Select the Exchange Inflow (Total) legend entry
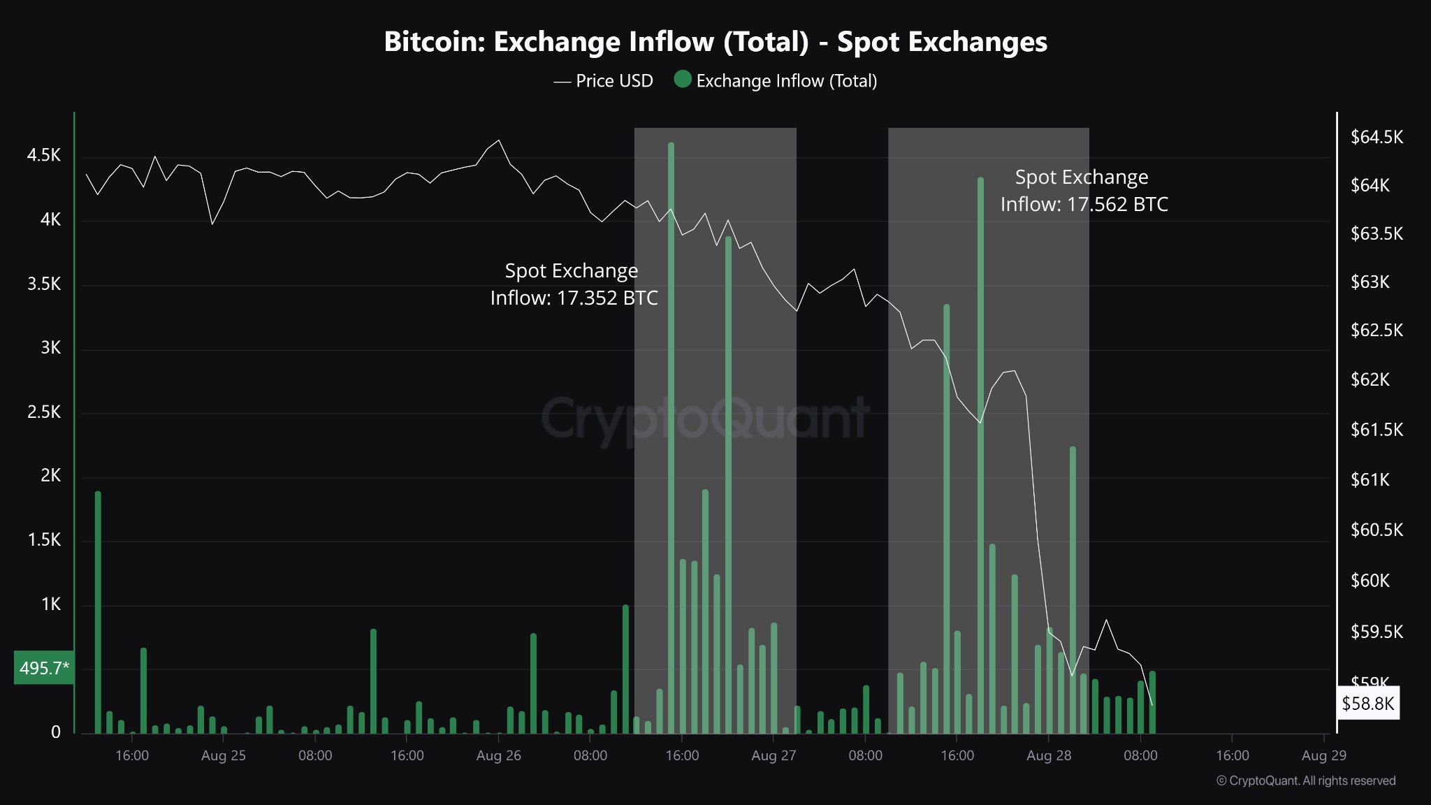[x=776, y=81]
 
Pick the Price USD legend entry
[x=604, y=81]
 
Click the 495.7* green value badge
[x=44, y=668]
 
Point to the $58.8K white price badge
[x=1367, y=703]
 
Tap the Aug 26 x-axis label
[x=498, y=755]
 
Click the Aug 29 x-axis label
[x=1323, y=755]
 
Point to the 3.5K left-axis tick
[x=44, y=284]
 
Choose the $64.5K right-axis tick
[x=1376, y=137]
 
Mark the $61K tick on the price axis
[x=1370, y=479]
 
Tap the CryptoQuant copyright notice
[x=1305, y=781]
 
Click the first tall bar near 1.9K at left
[x=98, y=615]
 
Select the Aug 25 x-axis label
[x=223, y=755]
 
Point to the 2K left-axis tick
[x=50, y=476]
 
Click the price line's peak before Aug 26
[x=498, y=140]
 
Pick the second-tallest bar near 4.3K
[x=980, y=454]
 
